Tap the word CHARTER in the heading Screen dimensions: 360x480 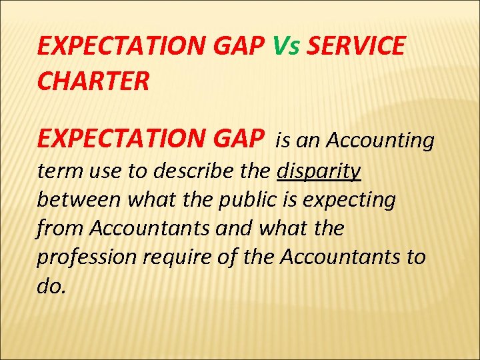point(94,82)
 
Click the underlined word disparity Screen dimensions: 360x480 point(319,171)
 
